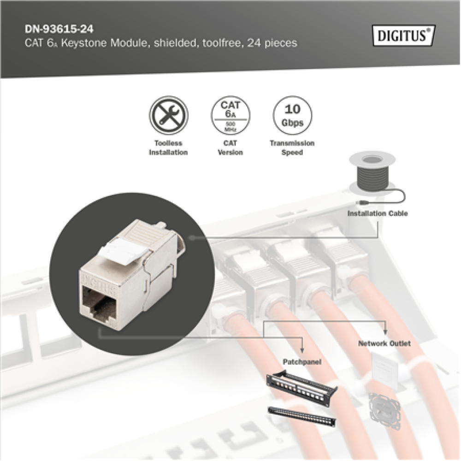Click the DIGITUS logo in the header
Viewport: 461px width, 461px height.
click(x=403, y=35)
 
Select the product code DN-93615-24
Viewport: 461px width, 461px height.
click(x=59, y=30)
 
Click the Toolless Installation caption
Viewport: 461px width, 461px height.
click(x=168, y=148)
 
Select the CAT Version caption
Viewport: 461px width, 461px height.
click(x=230, y=148)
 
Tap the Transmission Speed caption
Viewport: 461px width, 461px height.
click(x=292, y=148)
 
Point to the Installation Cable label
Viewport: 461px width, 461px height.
click(x=378, y=213)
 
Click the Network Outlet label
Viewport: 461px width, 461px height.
click(x=384, y=343)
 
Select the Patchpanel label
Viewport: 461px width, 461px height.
click(x=302, y=362)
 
